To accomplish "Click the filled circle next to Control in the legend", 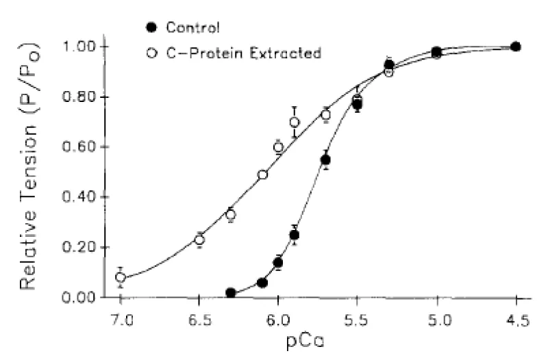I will (x=152, y=27).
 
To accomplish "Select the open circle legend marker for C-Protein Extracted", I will (x=152, y=53).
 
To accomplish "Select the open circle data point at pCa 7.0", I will (x=121, y=277).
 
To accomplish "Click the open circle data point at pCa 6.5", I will (x=199, y=240).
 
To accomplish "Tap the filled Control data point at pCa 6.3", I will (x=231, y=292).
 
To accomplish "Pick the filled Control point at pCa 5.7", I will (x=326, y=159).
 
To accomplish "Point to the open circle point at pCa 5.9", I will (x=295, y=123).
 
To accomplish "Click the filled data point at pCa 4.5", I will (x=516, y=47).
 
